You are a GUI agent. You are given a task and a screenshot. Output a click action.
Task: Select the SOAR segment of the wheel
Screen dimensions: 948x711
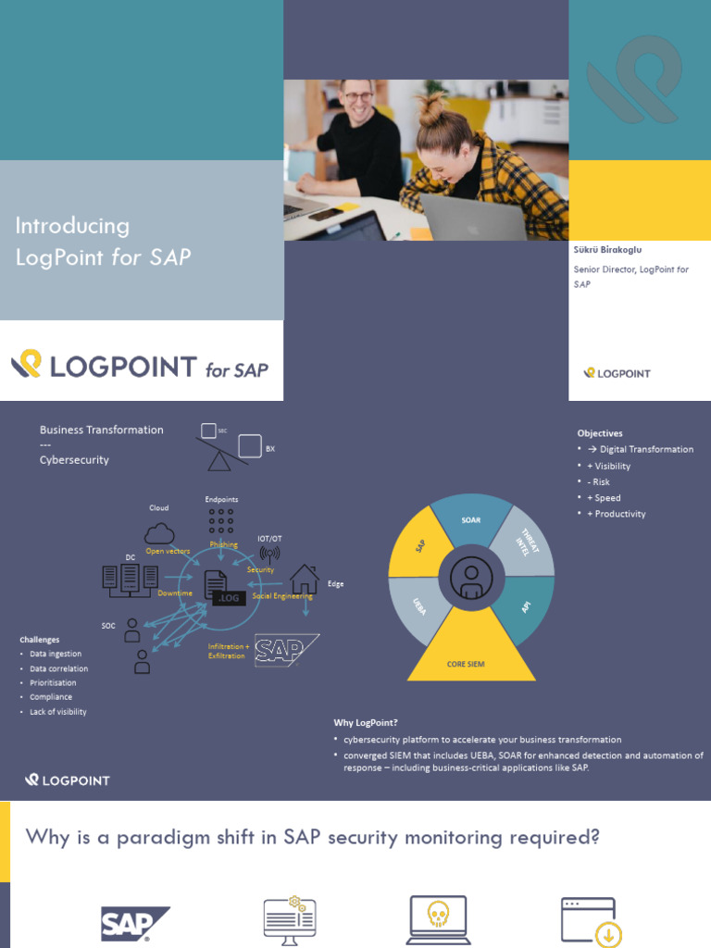471,520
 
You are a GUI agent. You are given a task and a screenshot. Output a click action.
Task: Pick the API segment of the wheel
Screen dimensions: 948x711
525,606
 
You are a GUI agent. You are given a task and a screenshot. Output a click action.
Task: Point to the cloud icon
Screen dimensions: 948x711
159,534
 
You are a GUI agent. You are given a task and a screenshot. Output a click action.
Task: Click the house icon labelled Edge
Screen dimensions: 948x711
304,580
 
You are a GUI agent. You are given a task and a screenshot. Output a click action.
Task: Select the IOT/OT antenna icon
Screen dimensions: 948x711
269,553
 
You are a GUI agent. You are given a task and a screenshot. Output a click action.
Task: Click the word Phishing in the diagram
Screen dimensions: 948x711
223,544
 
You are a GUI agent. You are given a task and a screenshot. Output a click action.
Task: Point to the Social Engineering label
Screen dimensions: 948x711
282,596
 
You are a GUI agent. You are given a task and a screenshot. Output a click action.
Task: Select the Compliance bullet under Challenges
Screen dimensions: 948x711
51,697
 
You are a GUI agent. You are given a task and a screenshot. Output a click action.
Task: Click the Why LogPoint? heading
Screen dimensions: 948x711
366,722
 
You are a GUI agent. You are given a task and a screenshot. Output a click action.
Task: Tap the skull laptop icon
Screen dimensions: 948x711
437,919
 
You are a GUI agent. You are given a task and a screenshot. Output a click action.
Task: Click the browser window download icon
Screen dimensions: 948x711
591,921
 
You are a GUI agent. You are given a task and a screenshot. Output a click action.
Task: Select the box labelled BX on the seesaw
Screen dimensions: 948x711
250,445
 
